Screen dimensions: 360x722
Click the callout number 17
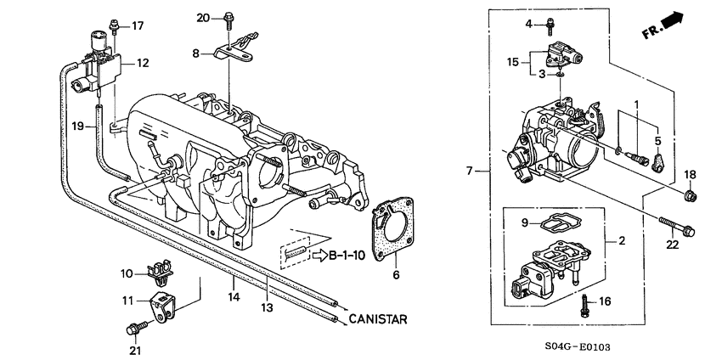(x=138, y=25)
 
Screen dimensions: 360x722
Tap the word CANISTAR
(x=378, y=319)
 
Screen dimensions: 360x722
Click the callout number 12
(x=143, y=63)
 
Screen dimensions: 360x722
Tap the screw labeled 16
(x=585, y=302)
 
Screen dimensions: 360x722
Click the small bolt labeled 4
(x=550, y=24)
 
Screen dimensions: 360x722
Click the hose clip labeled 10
(x=158, y=273)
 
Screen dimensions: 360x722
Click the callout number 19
(x=77, y=126)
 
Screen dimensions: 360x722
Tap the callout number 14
(x=233, y=298)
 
